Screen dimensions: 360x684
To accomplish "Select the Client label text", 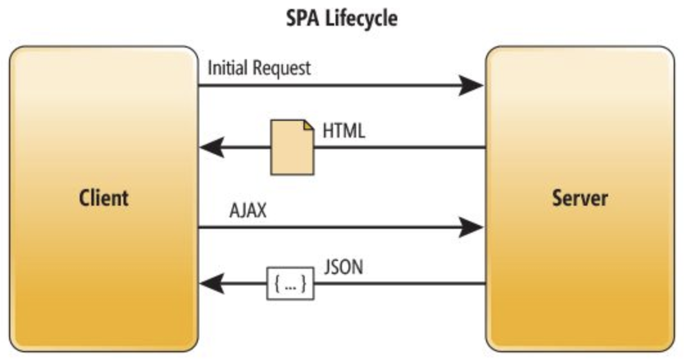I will (104, 198).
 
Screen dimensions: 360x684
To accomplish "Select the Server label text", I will (580, 198).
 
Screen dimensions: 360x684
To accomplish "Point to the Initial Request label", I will (259, 67).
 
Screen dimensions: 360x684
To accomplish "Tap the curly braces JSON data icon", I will (290, 283).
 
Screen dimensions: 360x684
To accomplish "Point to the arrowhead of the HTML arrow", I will (211, 148).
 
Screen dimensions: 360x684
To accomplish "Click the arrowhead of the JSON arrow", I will (211, 283).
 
